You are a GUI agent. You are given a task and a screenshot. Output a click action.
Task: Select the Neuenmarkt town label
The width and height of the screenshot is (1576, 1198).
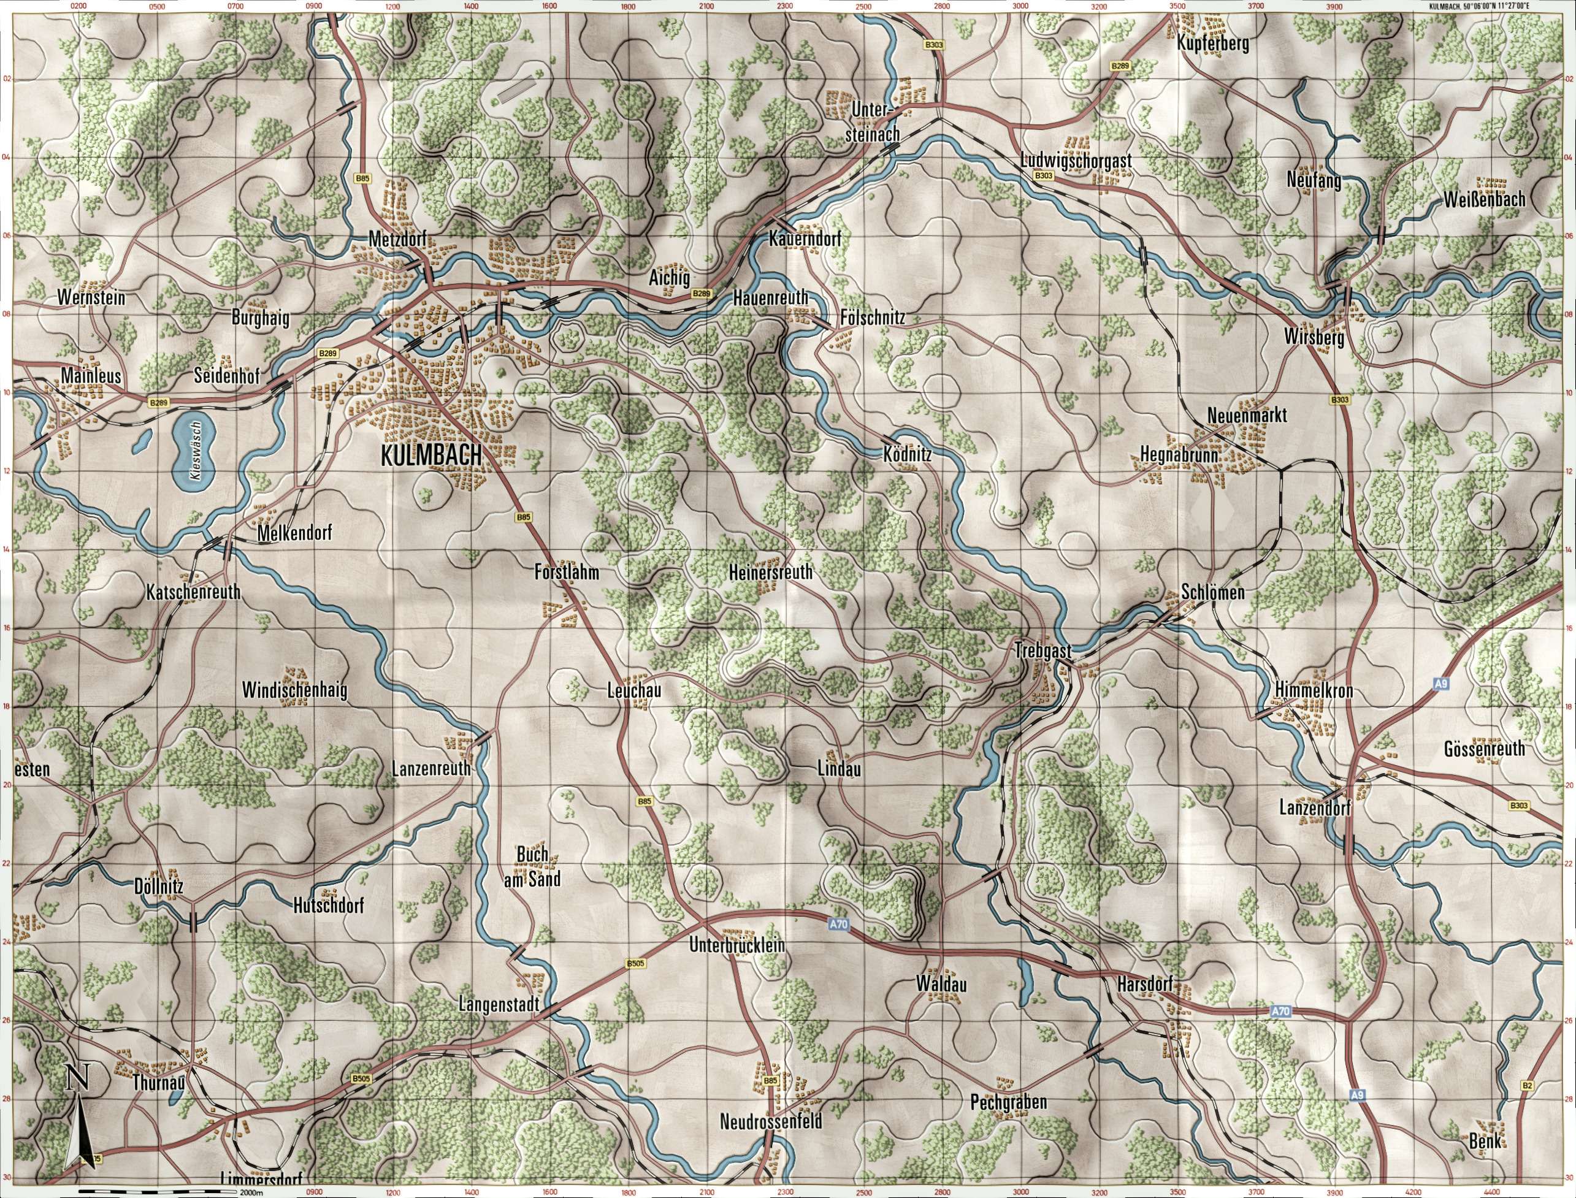pyautogui.click(x=1247, y=415)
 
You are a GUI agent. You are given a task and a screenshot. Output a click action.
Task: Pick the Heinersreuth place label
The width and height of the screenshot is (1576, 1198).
pyautogui.click(x=771, y=572)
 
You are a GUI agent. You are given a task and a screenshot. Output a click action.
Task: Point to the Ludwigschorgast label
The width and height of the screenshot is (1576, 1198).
pyautogui.click(x=1077, y=160)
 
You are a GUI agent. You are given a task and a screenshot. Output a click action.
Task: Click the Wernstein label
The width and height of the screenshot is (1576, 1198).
pyautogui.click(x=93, y=297)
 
